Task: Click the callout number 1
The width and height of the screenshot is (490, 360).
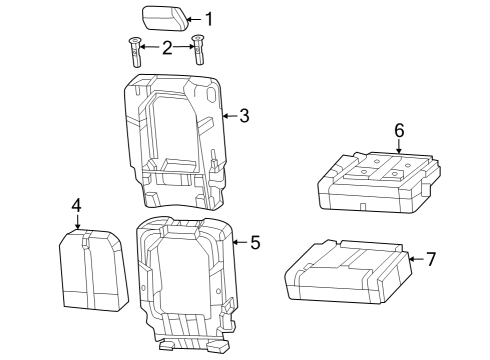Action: [209, 18]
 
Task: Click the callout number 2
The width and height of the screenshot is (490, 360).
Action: [166, 46]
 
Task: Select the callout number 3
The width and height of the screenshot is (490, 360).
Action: [243, 116]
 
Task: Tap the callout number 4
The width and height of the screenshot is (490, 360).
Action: [76, 205]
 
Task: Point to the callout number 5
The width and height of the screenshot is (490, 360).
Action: [254, 242]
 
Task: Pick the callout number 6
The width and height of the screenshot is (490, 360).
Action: [398, 130]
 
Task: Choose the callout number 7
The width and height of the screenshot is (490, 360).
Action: [431, 259]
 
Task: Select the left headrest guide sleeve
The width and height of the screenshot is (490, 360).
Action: [134, 52]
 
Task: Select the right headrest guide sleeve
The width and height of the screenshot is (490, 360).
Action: [198, 52]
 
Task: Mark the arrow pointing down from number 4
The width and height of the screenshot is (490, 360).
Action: [76, 222]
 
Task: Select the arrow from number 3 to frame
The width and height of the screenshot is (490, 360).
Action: [229, 116]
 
